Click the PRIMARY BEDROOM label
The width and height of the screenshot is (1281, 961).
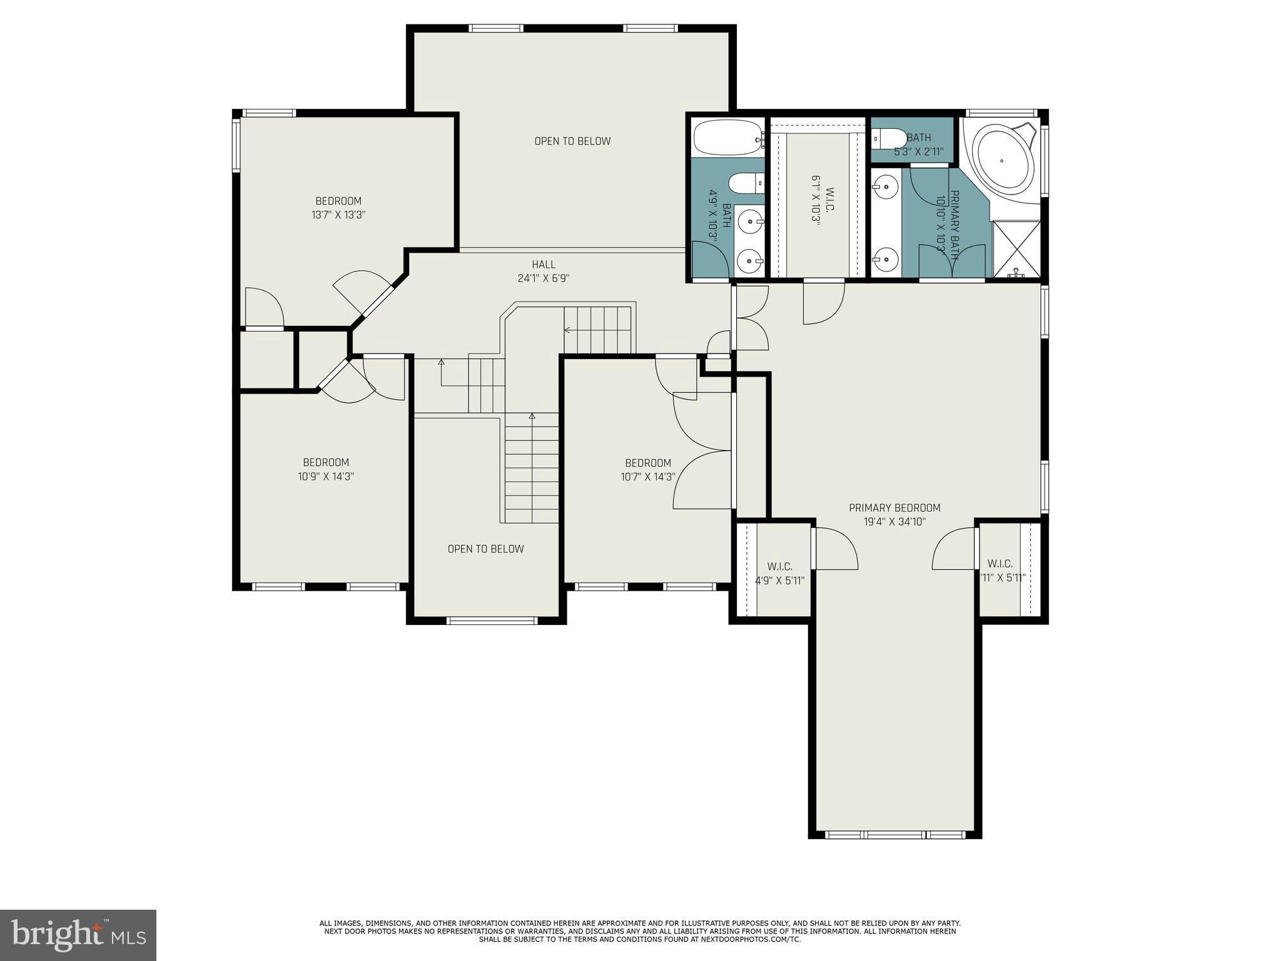point(894,508)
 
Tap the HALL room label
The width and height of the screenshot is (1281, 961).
point(544,265)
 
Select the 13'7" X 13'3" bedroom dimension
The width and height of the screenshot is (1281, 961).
point(338,215)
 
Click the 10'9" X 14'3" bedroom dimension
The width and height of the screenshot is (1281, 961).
point(326,476)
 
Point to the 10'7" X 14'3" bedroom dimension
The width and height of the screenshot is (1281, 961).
point(648,477)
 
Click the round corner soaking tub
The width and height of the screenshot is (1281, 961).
point(1002,161)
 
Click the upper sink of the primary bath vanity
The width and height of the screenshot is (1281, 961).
point(886,185)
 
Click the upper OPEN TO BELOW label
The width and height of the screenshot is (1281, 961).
point(572,141)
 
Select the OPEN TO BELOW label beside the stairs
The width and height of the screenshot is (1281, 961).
point(485,549)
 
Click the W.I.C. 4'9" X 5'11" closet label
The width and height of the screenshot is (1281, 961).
point(779,573)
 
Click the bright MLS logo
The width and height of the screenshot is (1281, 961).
point(78,935)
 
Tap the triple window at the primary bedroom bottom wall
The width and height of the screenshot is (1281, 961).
point(895,835)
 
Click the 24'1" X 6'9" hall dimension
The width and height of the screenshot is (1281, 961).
point(544,278)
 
